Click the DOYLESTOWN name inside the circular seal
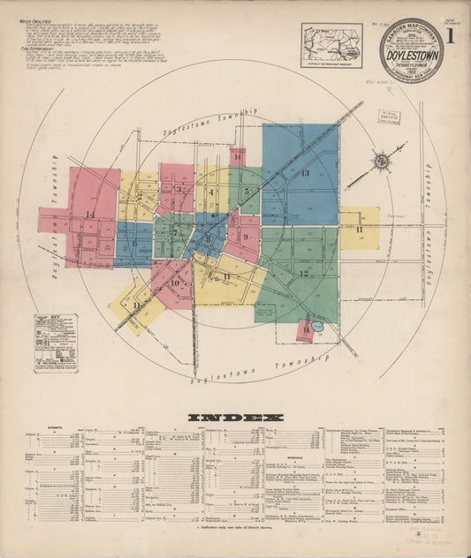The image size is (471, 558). tap(412, 52)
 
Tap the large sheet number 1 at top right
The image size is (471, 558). tap(451, 36)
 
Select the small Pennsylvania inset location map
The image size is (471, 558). tap(331, 45)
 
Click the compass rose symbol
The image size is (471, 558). tap(381, 161)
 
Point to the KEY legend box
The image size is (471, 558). tap(56, 342)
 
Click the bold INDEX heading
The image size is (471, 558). tap(235, 417)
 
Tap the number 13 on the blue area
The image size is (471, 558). tap(305, 173)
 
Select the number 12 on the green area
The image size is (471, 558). tap(303, 274)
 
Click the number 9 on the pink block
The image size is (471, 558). tap(245, 237)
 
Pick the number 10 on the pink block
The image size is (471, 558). tap(175, 283)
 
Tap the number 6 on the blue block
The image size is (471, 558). tap(135, 244)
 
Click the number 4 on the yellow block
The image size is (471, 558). tap(211, 192)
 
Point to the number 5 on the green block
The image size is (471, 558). tap(246, 191)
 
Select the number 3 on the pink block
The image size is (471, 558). tap(178, 189)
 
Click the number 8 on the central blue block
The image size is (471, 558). tap(208, 238)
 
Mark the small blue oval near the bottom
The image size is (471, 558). tap(318, 327)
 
